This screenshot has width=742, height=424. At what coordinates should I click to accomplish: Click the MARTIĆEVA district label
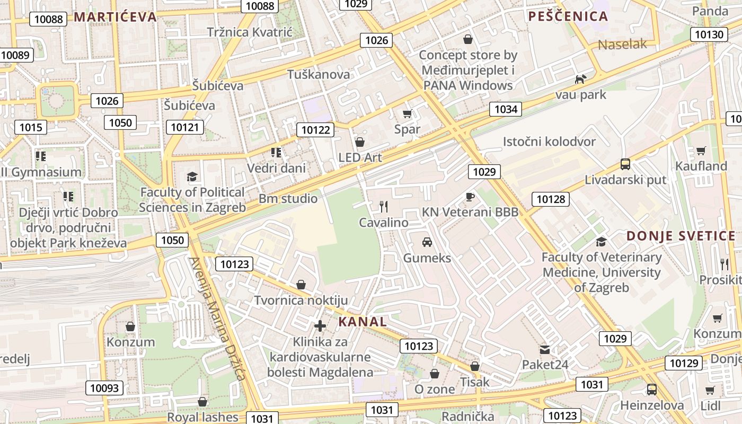click(x=115, y=16)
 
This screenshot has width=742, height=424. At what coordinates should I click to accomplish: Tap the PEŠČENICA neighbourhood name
click(x=568, y=16)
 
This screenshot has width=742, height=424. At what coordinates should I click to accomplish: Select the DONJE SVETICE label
click(x=681, y=236)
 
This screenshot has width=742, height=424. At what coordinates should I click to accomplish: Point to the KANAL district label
click(x=363, y=321)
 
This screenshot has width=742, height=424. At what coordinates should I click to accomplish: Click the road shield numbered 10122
click(x=315, y=130)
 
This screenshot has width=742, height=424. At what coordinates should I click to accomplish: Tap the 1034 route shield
click(x=506, y=109)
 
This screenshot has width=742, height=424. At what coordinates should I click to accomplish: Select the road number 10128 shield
click(x=551, y=199)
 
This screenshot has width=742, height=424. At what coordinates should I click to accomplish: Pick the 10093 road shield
click(x=104, y=388)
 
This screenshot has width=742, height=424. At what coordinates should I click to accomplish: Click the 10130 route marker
click(x=709, y=35)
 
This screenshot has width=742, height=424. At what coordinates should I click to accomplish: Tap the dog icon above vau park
click(x=581, y=79)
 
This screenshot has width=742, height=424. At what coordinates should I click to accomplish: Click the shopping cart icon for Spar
click(x=407, y=113)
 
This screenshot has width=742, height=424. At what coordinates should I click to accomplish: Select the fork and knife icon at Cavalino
click(x=384, y=207)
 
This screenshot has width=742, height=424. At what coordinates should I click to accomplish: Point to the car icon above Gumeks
click(x=427, y=242)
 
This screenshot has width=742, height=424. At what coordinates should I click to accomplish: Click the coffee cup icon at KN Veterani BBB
click(x=470, y=197)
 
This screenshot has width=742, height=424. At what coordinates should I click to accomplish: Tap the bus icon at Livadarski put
click(x=625, y=164)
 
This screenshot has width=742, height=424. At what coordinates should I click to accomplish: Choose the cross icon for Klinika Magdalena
click(x=320, y=326)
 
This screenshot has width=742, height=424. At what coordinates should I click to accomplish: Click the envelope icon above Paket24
click(x=545, y=349)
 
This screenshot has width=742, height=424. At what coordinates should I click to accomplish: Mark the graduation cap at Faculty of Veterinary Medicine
click(x=601, y=242)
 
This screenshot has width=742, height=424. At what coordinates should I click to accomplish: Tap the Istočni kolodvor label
click(x=549, y=142)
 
